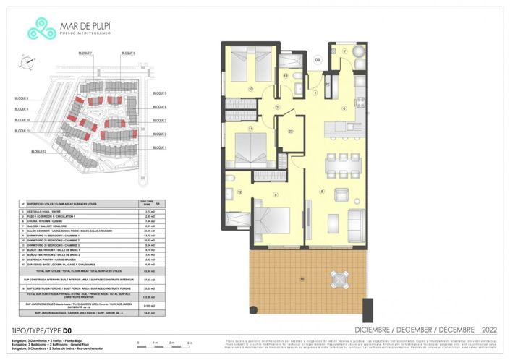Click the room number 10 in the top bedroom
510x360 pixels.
(x=250, y=89)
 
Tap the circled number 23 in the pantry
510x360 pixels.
(x=291, y=131)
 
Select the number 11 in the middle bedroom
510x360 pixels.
(x=250, y=129)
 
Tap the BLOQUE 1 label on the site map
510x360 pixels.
(x=160, y=147)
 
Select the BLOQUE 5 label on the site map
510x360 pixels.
(x=160, y=93)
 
